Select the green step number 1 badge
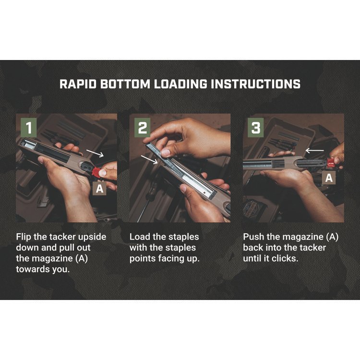[x=29, y=128]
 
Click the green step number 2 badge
[x=143, y=128]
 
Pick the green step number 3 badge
[x=256, y=128]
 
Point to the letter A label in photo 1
[x=100, y=189]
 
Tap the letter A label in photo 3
[x=329, y=178]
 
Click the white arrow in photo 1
[x=95, y=153]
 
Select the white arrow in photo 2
[x=149, y=159]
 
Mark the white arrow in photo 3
[x=314, y=151]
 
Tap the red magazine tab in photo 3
[x=331, y=163]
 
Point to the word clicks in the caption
[x=285, y=259]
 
